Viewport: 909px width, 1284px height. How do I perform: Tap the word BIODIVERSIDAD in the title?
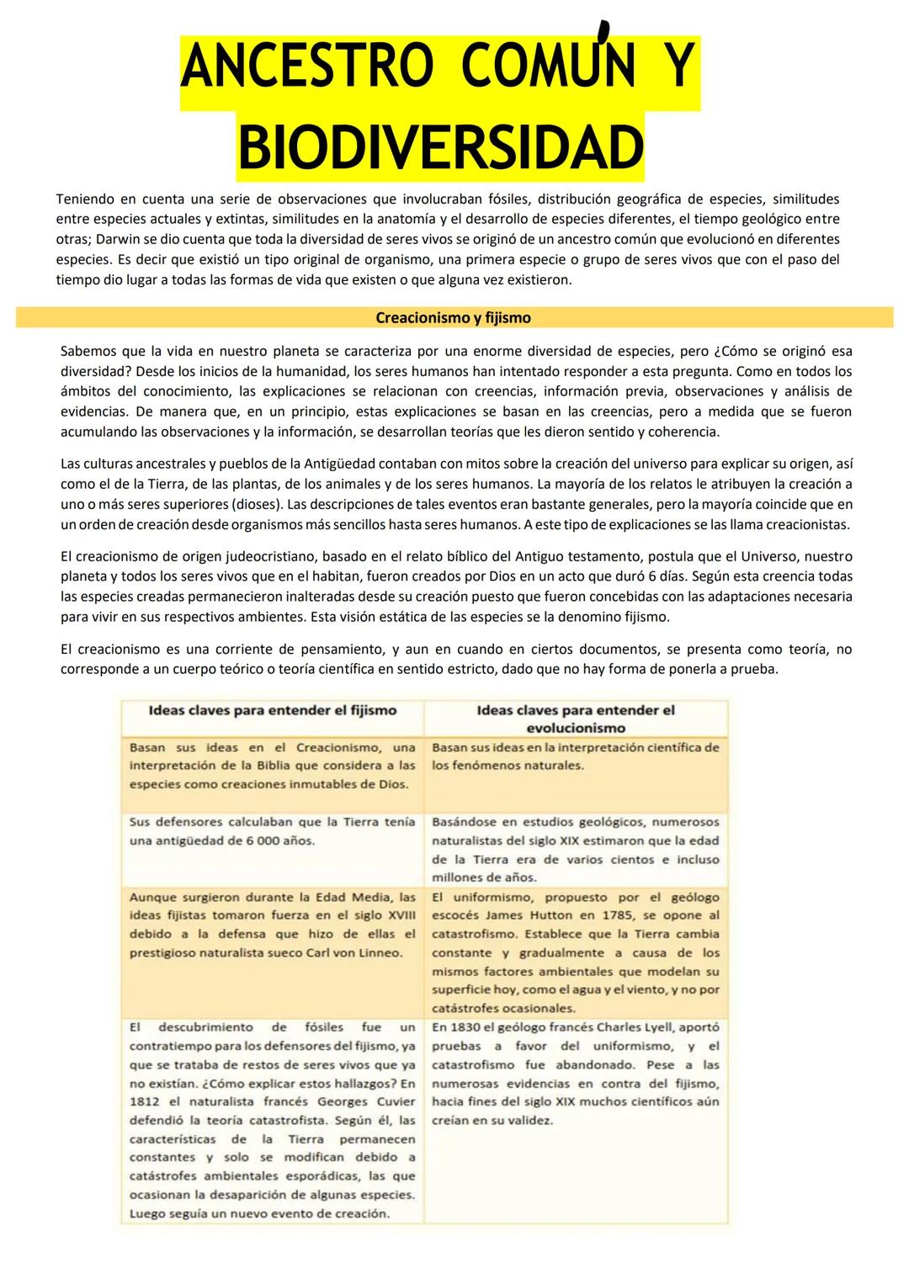click(440, 148)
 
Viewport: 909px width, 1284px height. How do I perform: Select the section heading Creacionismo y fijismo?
click(453, 318)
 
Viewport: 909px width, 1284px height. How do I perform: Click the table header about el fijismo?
click(272, 710)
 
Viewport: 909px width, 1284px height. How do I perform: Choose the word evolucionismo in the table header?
click(576, 728)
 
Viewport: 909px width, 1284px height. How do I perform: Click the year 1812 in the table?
click(144, 1102)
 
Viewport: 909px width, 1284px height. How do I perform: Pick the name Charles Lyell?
click(630, 1027)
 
